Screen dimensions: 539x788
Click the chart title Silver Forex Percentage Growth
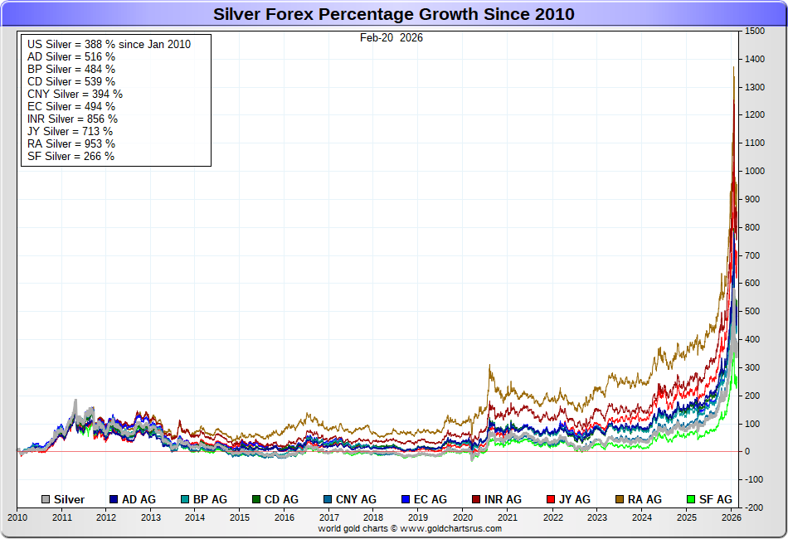394,14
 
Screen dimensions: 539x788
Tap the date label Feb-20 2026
392,37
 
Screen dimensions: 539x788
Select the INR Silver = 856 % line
72,119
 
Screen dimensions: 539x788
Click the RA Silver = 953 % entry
71,143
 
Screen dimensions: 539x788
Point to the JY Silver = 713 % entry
70,131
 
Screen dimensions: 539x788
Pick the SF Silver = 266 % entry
71,156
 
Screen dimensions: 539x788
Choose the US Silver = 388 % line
108,44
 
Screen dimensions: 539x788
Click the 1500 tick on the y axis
754,31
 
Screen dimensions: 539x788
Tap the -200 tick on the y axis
754,507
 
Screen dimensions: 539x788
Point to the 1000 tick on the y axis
754,171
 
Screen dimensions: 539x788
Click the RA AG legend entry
639,499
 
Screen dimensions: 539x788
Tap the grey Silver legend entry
64,499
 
